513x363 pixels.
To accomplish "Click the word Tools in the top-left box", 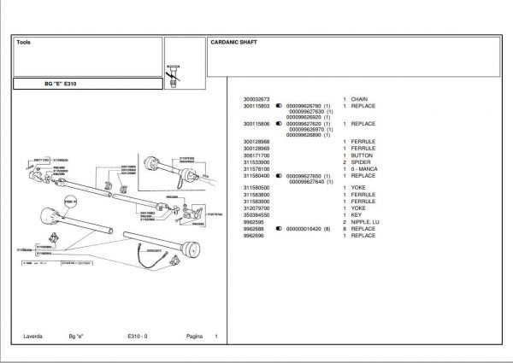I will pyautogui.click(x=24, y=41).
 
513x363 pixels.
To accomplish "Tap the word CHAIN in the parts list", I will pyautogui.click(x=357, y=100).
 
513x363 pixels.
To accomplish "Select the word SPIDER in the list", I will pyautogui.click(x=358, y=162).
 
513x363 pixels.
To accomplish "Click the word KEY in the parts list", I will pyautogui.click(x=355, y=215).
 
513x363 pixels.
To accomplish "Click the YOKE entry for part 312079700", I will pyautogui.click(x=357, y=209).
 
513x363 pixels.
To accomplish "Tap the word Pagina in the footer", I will pyautogui.click(x=194, y=337).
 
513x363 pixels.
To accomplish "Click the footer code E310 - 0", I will pyautogui.click(x=138, y=337).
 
